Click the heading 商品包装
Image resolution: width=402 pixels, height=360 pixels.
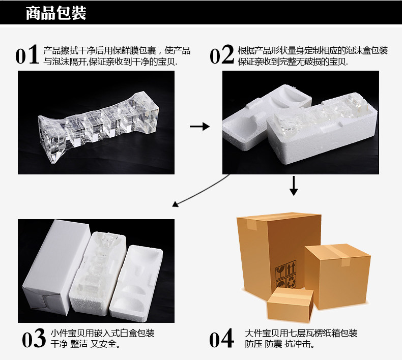[x=56, y=13]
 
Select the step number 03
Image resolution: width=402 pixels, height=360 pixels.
[x=35, y=339]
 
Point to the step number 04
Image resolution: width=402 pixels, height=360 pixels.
[x=221, y=339]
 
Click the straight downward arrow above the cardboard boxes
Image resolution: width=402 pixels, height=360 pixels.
[x=293, y=186]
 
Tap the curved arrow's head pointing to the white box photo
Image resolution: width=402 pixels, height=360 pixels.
[x=176, y=204]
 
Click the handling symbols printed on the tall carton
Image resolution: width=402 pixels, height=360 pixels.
[x=285, y=274]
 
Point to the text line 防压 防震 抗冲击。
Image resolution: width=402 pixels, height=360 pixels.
[x=278, y=344]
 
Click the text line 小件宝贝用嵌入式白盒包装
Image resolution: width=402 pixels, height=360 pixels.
[x=102, y=333]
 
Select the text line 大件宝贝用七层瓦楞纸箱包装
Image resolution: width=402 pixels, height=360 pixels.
[x=301, y=333]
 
